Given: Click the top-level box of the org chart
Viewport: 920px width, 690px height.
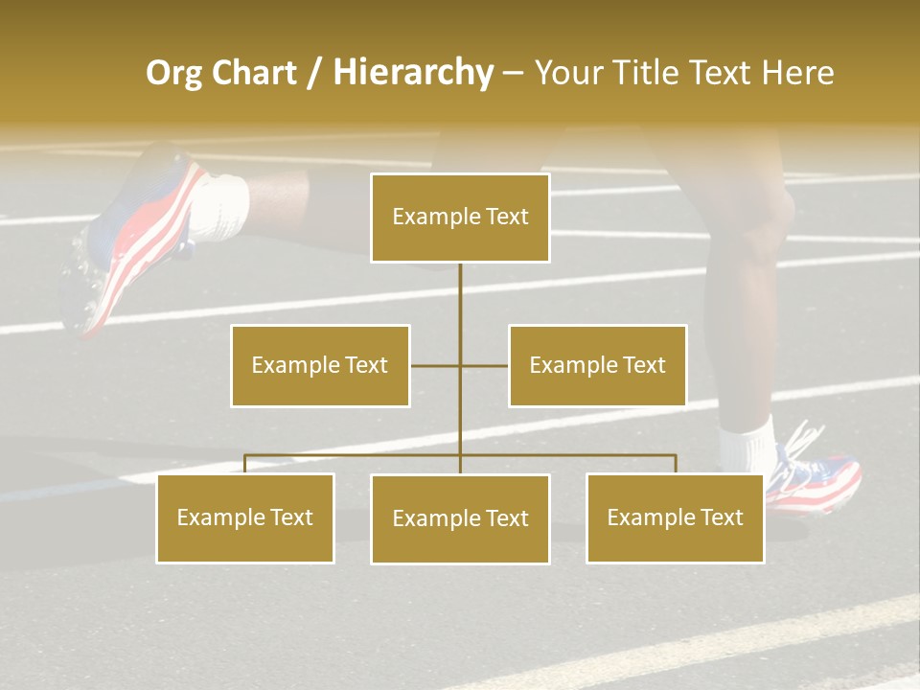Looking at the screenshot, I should pos(460,218).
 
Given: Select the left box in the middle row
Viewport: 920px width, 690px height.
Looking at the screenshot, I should pos(320,365).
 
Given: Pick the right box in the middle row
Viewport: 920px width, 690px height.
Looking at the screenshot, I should pos(597,365).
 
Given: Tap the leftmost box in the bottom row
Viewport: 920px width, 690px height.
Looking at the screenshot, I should pos(245,517).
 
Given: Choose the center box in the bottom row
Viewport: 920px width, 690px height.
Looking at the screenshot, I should pos(460,518).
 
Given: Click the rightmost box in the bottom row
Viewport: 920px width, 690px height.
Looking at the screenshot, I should pos(675,517).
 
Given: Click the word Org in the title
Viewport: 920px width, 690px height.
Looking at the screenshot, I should pos(173,73).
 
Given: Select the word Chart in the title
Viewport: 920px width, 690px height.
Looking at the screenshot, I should pos(254,73).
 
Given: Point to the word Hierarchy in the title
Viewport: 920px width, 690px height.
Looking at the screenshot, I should pos(413,73).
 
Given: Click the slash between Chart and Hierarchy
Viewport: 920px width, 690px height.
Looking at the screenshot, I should pos(314,73).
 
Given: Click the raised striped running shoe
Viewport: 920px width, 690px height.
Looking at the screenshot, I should pos(134,240).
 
